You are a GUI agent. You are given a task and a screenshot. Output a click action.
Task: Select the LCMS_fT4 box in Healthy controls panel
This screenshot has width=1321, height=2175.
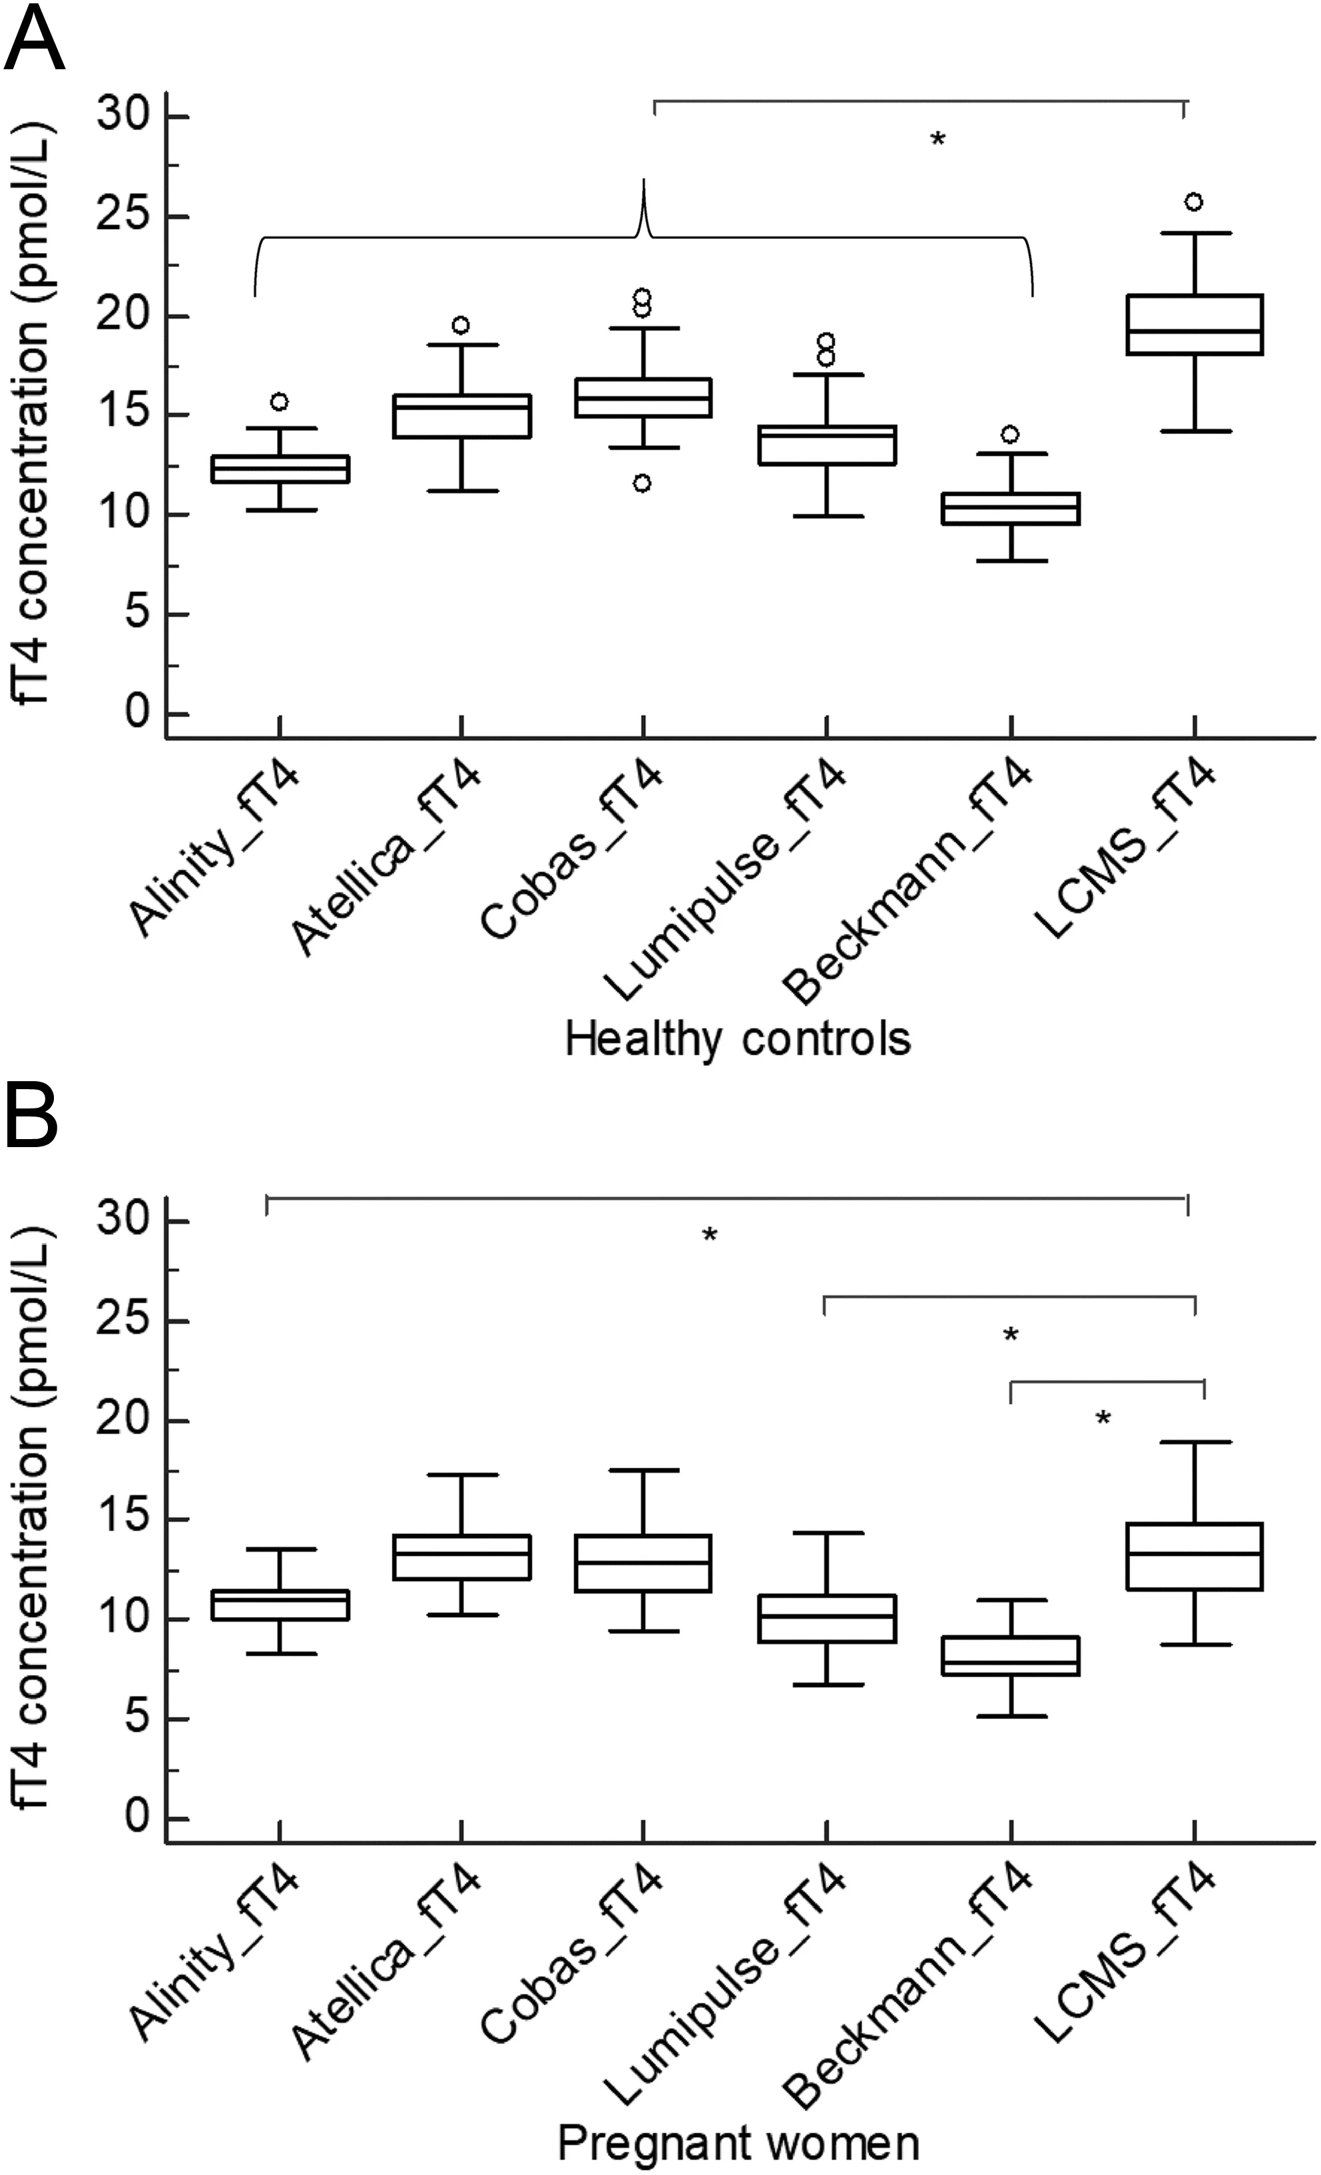point(1194,324)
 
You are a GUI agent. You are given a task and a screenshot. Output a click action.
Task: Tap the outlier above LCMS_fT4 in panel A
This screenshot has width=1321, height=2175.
point(1194,202)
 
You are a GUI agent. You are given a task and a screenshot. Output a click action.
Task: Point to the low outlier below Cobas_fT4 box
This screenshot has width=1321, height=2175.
point(643,483)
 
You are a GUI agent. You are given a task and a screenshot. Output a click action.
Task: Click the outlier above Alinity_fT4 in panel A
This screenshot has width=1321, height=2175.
point(279,401)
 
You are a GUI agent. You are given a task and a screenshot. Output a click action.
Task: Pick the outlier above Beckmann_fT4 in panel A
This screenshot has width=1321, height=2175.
point(1010,434)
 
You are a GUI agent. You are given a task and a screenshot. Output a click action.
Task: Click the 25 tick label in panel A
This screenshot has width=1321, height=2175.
point(122,217)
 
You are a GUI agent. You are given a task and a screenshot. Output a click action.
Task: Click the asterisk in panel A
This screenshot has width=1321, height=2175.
point(937,139)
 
